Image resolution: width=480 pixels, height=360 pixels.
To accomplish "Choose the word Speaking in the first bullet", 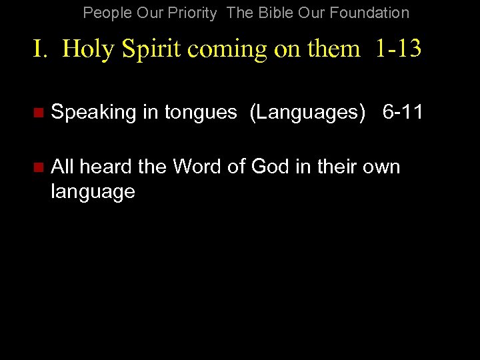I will coord(93,112).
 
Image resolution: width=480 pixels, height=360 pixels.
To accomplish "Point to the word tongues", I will coord(199,113).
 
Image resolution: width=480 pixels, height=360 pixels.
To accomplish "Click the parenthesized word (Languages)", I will coord(307,112).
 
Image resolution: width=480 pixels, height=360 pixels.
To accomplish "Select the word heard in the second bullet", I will coord(106,166).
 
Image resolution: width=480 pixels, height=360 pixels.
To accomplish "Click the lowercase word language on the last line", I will coord(93,192).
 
